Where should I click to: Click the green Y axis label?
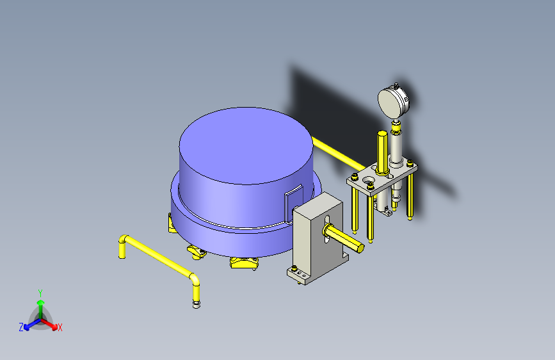[x=40, y=293]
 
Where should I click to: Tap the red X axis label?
[x=60, y=328]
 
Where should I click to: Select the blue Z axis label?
[x=21, y=327]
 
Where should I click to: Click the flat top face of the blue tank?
[x=246, y=145]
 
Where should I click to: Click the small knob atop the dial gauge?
[x=396, y=85]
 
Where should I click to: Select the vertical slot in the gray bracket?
[x=327, y=229]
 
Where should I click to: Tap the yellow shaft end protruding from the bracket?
[x=360, y=248]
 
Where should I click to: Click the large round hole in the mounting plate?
[x=369, y=179]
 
